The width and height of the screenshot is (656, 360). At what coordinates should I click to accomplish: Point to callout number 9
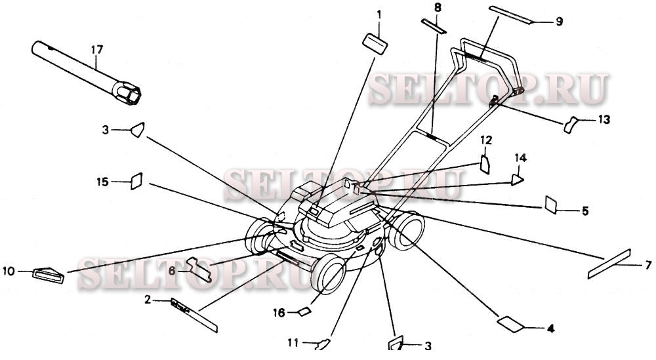(x=559, y=22)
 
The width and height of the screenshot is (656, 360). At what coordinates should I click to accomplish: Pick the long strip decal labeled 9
(x=512, y=14)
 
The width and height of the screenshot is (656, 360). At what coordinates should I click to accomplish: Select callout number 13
(x=604, y=119)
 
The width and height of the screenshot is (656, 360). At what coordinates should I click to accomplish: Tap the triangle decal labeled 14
(x=518, y=176)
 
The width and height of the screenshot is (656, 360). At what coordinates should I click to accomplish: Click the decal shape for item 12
(x=485, y=163)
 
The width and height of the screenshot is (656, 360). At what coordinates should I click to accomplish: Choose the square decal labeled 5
(x=550, y=205)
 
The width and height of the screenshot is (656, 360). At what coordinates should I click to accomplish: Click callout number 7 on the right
(x=647, y=265)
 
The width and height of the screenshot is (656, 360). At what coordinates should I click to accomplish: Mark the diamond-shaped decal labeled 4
(x=511, y=323)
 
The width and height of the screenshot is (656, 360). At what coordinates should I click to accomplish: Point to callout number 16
(x=280, y=313)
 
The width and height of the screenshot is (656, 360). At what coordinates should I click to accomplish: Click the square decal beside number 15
(x=136, y=180)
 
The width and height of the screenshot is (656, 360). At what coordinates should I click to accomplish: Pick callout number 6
(x=173, y=270)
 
